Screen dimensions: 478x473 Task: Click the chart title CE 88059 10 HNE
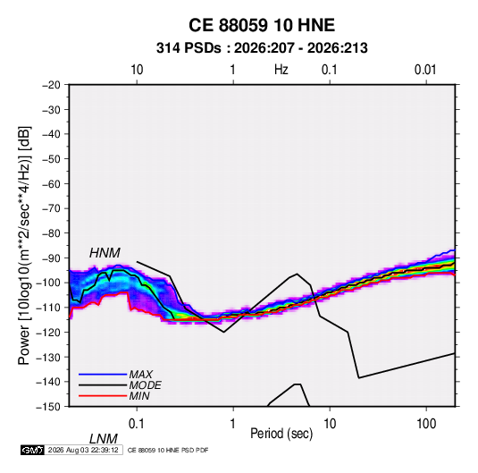tap(262, 25)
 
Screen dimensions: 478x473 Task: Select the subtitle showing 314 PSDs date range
tap(262, 48)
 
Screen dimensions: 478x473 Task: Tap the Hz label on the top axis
tap(281, 70)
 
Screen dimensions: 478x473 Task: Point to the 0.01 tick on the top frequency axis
tap(425, 70)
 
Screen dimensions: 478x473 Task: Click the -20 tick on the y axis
tap(51, 85)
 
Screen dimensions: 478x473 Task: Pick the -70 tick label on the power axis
tap(51, 208)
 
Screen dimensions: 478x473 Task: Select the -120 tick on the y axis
tap(48, 332)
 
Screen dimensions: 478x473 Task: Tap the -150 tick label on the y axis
tap(48, 407)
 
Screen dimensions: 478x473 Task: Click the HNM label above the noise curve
tap(105, 253)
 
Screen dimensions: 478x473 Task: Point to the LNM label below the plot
tap(104, 439)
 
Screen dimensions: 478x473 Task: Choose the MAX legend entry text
tap(141, 374)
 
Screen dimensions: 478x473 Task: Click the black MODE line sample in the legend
tap(103, 385)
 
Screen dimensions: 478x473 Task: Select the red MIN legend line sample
tap(103, 396)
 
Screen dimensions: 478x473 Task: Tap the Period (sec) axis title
tap(281, 434)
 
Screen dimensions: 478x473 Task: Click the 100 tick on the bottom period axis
tap(426, 424)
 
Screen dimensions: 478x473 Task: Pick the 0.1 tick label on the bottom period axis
tap(136, 424)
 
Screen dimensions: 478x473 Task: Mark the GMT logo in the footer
tap(32, 450)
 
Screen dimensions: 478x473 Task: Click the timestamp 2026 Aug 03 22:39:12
tap(83, 450)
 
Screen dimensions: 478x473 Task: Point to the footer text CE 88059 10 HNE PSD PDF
tap(168, 450)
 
